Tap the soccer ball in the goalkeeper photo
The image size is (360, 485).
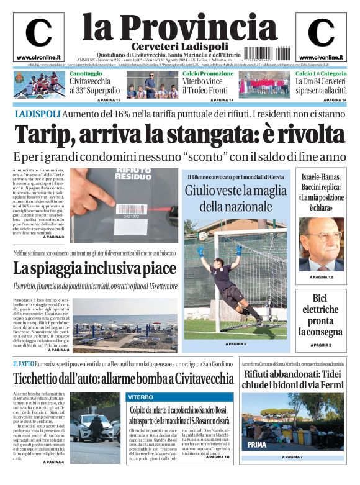click(202, 236)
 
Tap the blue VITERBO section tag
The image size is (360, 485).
click(142, 396)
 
